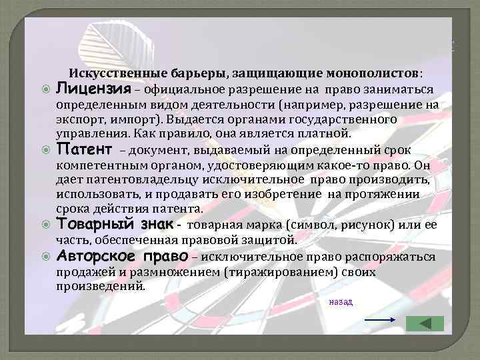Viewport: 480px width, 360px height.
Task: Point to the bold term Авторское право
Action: [x=131, y=257]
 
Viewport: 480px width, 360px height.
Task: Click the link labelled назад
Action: [x=340, y=301]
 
